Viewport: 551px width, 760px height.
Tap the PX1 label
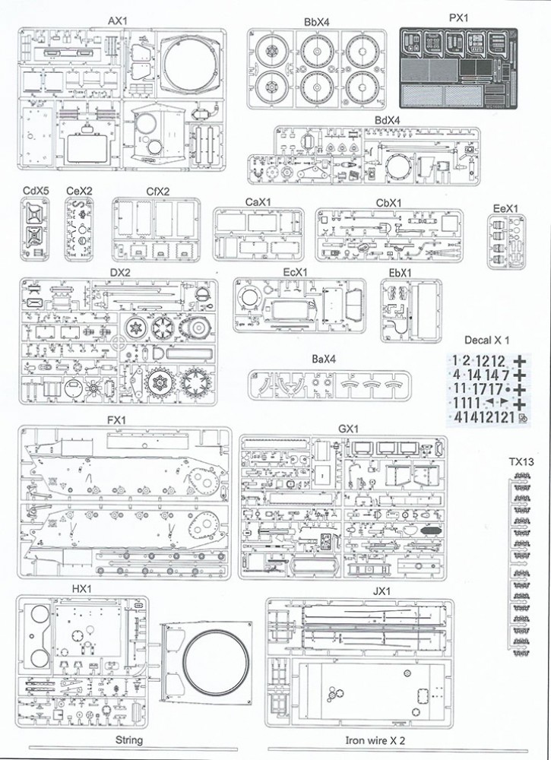pos(458,17)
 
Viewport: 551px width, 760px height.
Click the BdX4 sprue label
pos(388,119)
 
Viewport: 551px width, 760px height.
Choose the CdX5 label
pos(36,190)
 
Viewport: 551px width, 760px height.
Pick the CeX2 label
pos(79,190)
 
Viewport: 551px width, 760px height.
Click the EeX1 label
pos(505,207)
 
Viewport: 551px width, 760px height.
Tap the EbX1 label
pos(400,273)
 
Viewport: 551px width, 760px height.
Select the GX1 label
pos(348,429)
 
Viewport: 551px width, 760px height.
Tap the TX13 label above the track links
pos(522,461)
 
